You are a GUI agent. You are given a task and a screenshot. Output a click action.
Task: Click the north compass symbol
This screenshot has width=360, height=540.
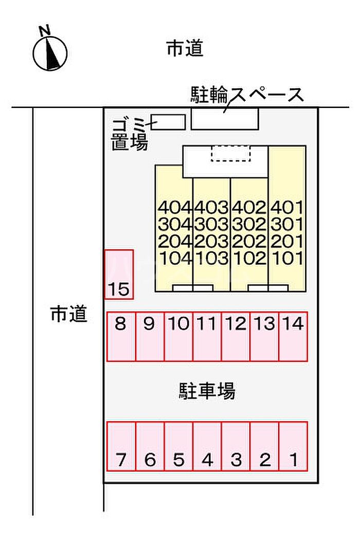coord(50,53)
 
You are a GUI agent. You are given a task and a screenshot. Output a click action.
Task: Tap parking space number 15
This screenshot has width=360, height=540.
coord(119,275)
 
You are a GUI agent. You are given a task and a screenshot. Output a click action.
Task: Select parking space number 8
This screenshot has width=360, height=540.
coord(121,336)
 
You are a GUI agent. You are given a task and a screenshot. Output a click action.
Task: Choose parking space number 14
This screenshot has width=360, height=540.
coord(293,336)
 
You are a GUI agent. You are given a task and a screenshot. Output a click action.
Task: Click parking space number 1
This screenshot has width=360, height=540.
coord(293,446)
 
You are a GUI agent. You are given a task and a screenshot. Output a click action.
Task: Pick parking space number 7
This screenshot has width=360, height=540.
coord(121,446)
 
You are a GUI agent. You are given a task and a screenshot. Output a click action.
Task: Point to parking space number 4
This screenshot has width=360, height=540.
coord(207,446)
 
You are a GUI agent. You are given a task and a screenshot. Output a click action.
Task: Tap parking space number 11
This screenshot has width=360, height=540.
coord(207,336)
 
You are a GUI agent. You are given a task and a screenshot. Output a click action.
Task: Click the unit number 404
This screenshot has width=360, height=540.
coord(175,207)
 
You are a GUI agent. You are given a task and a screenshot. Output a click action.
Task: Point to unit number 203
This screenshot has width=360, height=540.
coord(211,241)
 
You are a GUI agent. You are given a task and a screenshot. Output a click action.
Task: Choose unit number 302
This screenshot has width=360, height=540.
coord(249,225)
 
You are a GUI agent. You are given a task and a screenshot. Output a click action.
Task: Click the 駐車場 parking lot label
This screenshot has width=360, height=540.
coord(207,390)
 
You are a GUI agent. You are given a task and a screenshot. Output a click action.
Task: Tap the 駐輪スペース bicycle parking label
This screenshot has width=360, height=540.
coord(247,95)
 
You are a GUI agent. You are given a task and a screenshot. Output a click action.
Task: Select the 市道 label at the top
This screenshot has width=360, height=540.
coord(185,48)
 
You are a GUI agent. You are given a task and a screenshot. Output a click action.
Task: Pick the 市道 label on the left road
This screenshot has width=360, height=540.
coord(68,314)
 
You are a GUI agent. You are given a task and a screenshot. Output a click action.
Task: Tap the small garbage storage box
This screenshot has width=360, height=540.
coord(168,122)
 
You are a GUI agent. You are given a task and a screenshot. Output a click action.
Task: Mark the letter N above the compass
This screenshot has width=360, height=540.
coord(45,31)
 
